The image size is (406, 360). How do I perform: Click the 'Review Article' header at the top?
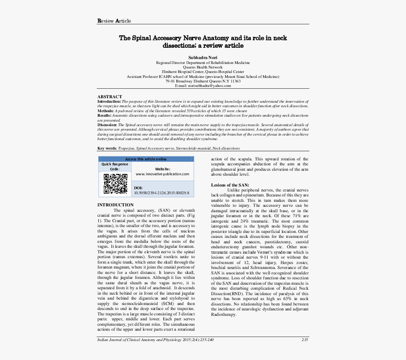(114, 21)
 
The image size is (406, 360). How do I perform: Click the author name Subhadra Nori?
(203, 58)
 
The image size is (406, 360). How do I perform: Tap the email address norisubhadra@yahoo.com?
(203, 86)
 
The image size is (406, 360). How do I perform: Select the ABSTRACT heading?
(110, 97)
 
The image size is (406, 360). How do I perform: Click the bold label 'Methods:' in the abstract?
(106, 110)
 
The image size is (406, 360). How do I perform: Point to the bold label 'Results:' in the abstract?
(105, 115)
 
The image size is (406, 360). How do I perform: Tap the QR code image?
(115, 184)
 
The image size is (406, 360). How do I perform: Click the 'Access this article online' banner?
(146, 159)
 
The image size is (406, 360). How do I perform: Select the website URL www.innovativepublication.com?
(162, 174)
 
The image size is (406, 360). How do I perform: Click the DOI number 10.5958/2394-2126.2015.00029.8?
(161, 193)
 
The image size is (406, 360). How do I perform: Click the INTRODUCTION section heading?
(115, 205)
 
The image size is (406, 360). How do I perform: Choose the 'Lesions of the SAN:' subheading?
(230, 185)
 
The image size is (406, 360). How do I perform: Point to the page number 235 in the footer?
(304, 339)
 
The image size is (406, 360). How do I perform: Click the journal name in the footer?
(156, 339)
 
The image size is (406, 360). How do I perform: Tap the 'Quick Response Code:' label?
(115, 167)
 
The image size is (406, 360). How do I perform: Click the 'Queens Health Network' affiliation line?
(203, 67)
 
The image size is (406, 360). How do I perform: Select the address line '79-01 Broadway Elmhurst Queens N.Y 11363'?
(203, 81)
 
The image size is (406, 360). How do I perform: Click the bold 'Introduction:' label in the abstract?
(109, 102)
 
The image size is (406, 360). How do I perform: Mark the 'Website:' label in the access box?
(162, 169)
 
